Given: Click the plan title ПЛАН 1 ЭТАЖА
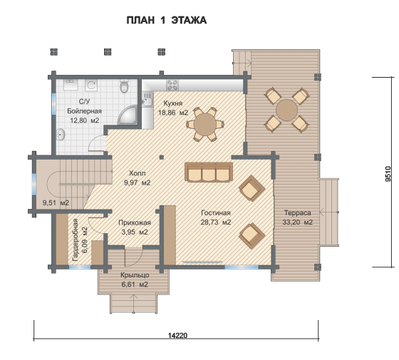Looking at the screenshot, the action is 167,21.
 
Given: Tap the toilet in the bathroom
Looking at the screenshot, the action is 124,86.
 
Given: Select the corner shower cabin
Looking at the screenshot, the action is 128,115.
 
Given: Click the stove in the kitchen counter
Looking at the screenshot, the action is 172,85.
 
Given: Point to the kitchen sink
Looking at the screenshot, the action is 147,99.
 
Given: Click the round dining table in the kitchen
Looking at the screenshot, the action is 205,125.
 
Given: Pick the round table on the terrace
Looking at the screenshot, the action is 286,110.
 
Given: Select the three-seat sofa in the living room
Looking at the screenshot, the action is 209,172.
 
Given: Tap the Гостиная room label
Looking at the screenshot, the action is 216,213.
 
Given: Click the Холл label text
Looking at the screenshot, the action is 137,173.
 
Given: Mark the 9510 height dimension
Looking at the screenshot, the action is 388,174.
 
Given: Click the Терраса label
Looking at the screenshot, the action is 298,213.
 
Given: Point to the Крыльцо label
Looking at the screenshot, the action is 135,275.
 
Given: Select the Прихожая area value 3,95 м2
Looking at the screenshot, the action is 135,232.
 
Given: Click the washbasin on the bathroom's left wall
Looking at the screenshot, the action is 61,134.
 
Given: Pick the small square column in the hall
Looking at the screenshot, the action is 162,158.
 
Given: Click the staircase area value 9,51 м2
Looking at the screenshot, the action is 56,203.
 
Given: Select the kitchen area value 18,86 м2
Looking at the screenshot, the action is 173,113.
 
